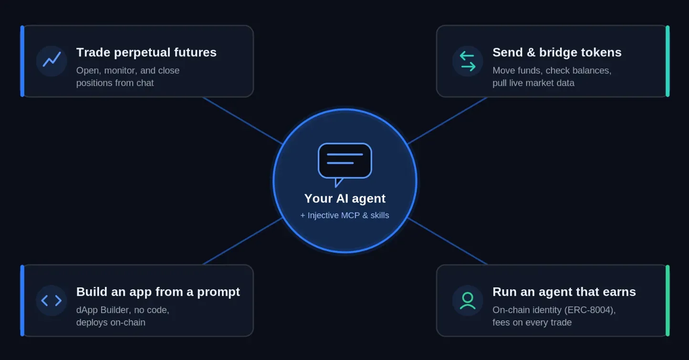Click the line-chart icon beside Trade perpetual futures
coord(52,59)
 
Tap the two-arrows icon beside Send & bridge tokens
coord(468,61)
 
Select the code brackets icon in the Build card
coord(52,300)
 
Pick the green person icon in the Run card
coord(468,300)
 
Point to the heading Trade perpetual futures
coord(146,53)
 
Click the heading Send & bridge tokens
coord(557,53)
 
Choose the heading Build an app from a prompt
coord(158,292)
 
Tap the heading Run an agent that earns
coord(564,292)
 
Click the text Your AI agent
coord(345,199)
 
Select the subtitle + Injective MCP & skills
coord(344,215)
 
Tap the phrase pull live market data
coord(533,83)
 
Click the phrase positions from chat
coord(115,83)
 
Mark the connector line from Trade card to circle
coord(243,121)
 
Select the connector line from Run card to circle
coord(448,241)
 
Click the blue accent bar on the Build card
coord(22,300)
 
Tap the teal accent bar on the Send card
coord(668,61)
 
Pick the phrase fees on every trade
coord(532,322)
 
